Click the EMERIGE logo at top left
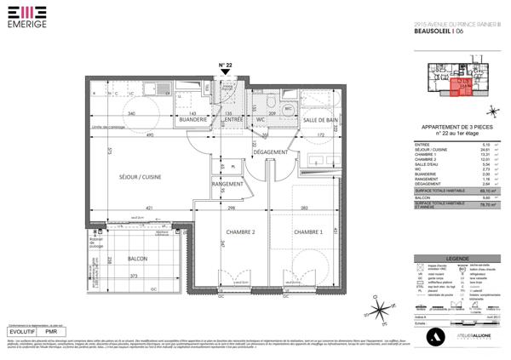(19, 17)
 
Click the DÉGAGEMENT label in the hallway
(271, 151)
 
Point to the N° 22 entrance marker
(226, 66)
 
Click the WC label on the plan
(261, 121)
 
